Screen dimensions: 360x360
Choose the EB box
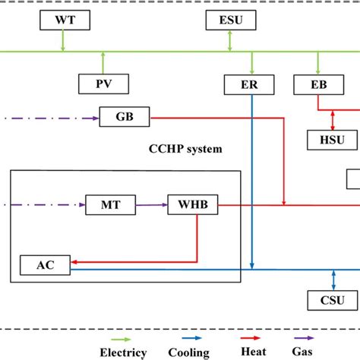(317, 84)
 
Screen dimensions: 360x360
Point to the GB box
(125, 117)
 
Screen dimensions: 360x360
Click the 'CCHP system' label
(185, 149)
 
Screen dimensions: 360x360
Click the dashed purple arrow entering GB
(53, 117)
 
